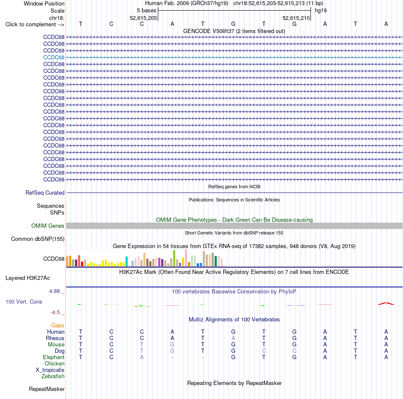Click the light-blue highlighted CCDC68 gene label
[54, 57]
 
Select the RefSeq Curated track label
[45, 193]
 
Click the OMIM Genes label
[48, 226]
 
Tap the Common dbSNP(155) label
[38, 239]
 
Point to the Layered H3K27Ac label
[28, 278]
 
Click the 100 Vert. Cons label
[24, 301]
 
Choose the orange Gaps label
[58, 326]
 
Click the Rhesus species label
[55, 338]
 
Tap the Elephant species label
[54, 357]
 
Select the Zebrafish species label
[53, 376]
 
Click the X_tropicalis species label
[50, 370]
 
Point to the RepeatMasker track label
[47, 389]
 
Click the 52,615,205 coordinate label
[143, 18]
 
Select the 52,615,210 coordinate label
[296, 18]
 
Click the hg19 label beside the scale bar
[321, 11]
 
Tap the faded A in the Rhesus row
[233, 338]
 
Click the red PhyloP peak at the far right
[386, 304]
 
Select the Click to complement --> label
[35, 25]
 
